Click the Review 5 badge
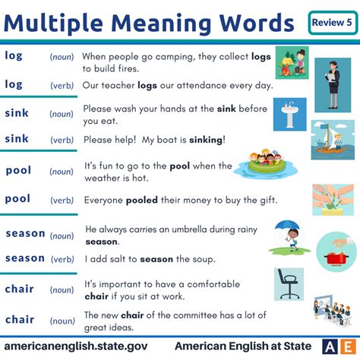coord(331,22)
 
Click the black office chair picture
coord(288,285)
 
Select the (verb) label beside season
coord(62,259)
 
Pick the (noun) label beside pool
coord(62,172)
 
